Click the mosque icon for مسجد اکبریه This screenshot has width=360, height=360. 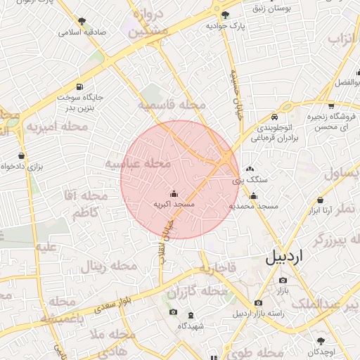click(x=174, y=193)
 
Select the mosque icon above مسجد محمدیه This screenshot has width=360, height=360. click(x=254, y=195)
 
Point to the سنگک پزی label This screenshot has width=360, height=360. click(x=245, y=181)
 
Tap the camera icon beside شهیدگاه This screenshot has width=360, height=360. click(x=173, y=312)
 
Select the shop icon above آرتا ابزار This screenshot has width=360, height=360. click(x=321, y=200)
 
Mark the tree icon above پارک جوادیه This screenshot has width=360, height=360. click(x=225, y=15)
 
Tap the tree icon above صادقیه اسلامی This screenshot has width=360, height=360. click(x=82, y=22)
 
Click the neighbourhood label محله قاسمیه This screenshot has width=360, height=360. click(x=172, y=105)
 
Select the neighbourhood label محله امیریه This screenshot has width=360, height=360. click(x=58, y=127)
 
